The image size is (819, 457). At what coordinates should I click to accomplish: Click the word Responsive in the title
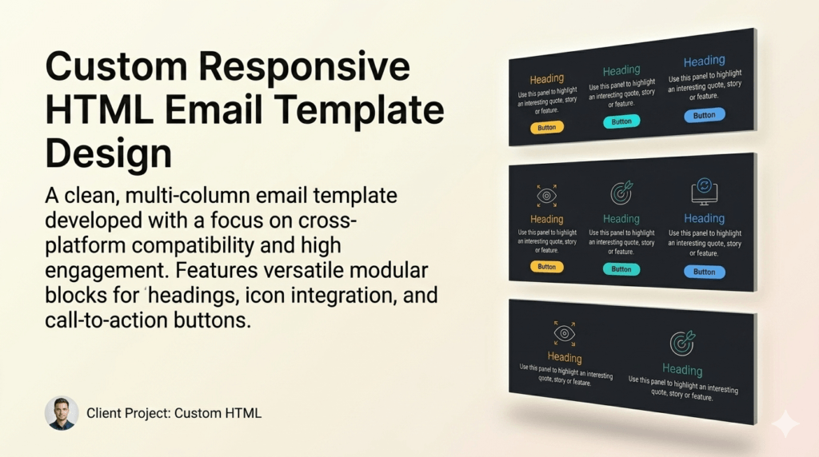pos(304,67)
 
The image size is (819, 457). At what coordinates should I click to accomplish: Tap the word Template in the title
pos(359,109)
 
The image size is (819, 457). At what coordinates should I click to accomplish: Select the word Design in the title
pos(108,154)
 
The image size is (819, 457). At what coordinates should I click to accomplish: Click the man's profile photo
pos(62,412)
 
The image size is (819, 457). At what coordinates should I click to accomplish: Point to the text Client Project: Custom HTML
pos(174,413)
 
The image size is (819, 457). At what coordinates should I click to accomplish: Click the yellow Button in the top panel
pos(547,127)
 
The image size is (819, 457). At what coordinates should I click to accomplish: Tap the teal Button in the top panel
pos(621,121)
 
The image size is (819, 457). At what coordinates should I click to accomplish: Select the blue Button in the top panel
pos(704,115)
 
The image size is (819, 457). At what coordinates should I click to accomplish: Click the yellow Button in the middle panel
pos(547,267)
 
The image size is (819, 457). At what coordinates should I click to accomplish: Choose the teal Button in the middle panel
pos(621,269)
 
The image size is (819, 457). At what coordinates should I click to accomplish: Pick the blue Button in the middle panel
pos(704,272)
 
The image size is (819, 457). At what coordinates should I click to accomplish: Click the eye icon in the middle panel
pos(547,196)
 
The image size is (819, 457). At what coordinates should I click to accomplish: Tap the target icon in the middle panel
pos(621,193)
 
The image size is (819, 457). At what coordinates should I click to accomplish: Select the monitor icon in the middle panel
pos(704,192)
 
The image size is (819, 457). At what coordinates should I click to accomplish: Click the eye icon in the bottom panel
pos(565,333)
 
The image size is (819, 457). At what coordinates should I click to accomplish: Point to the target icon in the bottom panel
pos(683,342)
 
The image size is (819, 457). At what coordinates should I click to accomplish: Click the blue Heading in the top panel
pos(704,61)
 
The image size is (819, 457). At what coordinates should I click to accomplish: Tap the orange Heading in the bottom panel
pos(565,357)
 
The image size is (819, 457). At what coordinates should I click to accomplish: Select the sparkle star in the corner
pos(785,423)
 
